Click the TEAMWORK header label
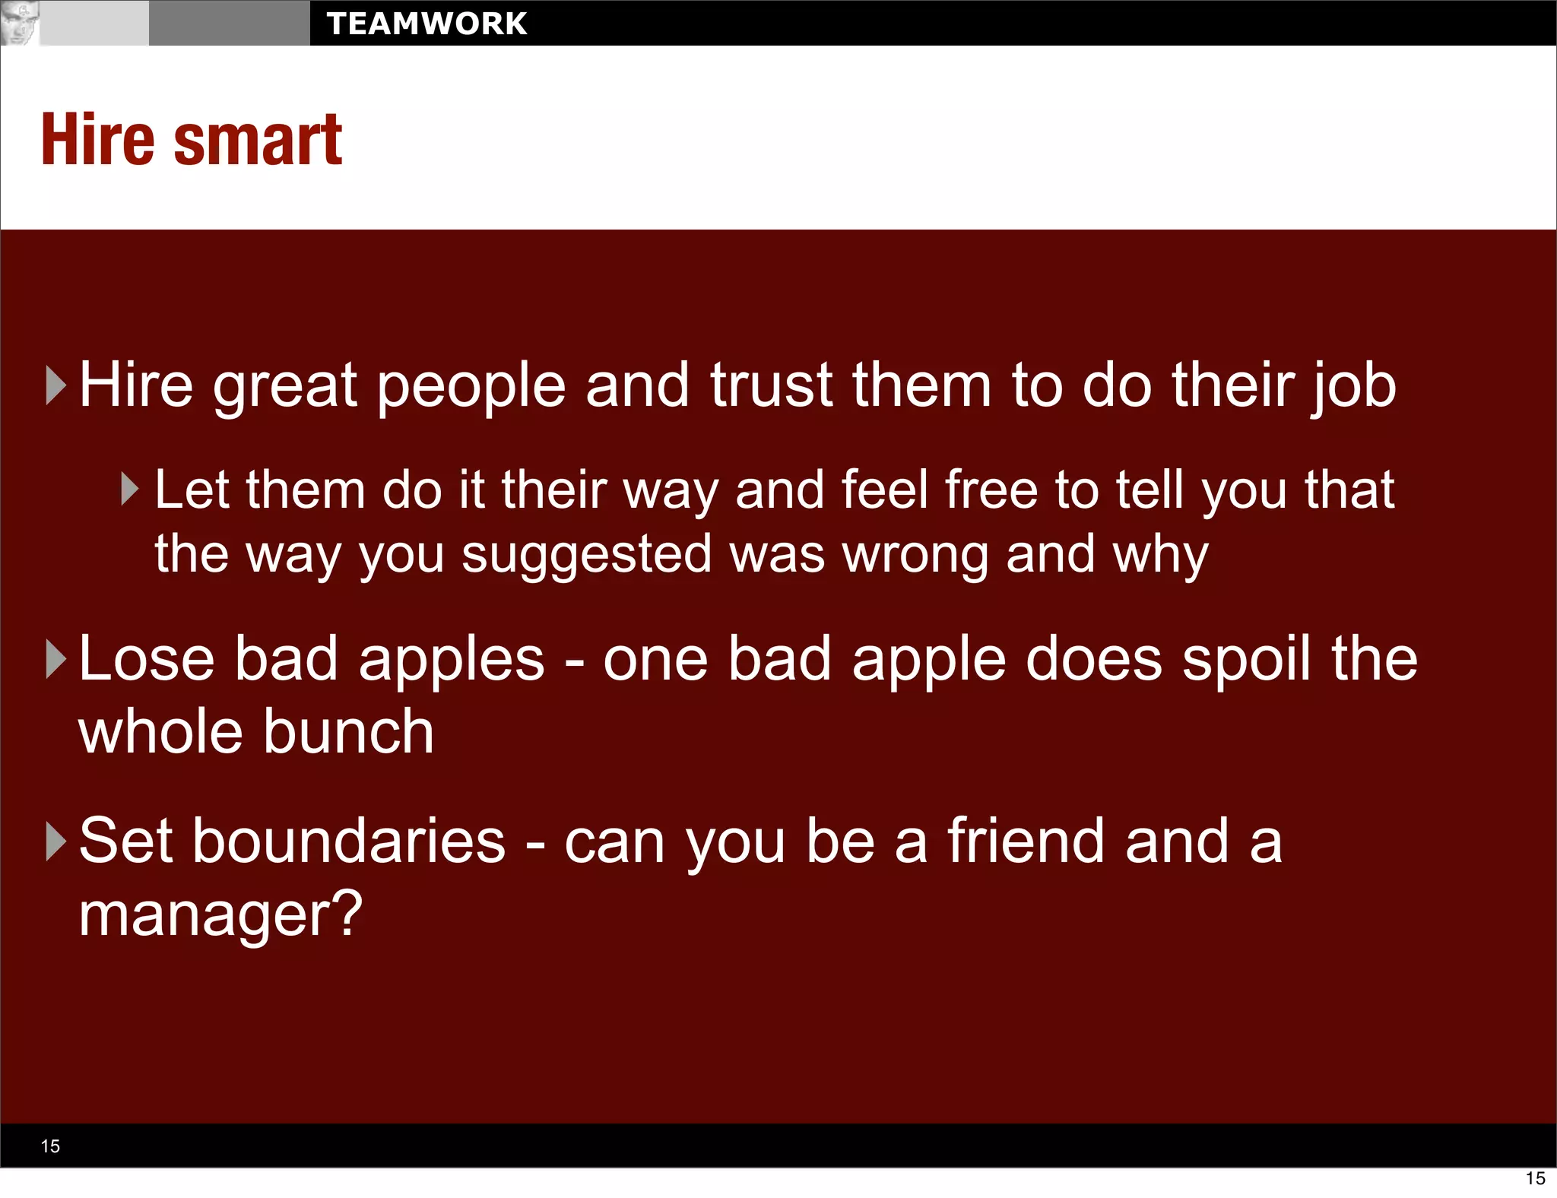(x=427, y=24)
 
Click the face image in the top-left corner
(x=19, y=23)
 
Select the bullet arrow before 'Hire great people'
(x=56, y=385)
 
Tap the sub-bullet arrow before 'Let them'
(x=130, y=490)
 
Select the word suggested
(x=586, y=555)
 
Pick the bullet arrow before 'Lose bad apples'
(x=56, y=658)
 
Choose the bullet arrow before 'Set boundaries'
(x=56, y=841)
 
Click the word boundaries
(x=348, y=841)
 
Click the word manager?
(x=220, y=915)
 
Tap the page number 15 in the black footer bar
(x=50, y=1146)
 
